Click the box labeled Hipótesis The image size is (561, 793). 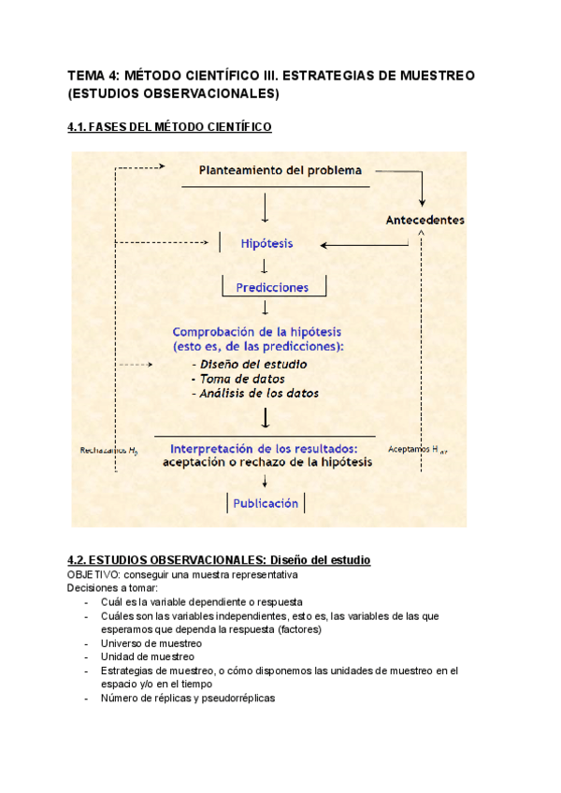coord(266,243)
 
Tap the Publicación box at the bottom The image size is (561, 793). coord(266,503)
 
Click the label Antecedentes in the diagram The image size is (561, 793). coord(424,220)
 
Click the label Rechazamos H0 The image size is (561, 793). coord(109,451)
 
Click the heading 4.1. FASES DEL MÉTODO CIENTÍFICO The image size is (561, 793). coord(170,127)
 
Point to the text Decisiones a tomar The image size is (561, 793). coord(113,588)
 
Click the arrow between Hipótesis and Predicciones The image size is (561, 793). coord(266,266)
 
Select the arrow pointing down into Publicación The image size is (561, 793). coord(266,481)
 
